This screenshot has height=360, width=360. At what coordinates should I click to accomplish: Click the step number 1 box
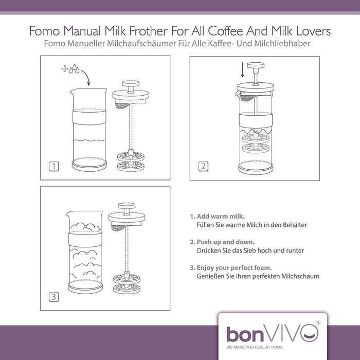click(54, 166)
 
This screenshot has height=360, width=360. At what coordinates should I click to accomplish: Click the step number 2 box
click(203, 166)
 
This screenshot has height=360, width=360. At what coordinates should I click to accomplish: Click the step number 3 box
click(54, 297)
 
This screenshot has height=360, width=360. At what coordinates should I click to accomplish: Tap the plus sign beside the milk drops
click(65, 68)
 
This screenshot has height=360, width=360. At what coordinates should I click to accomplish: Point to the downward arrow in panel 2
click(242, 69)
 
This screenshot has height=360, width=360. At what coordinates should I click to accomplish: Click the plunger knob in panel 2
click(256, 65)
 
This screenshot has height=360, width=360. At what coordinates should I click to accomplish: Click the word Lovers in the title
click(313, 31)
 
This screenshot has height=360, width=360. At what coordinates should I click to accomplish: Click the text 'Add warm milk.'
click(221, 217)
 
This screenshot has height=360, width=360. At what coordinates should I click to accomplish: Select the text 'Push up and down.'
click(226, 242)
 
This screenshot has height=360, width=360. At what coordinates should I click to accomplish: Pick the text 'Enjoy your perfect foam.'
click(234, 268)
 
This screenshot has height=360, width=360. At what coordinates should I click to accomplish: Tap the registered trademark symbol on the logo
click(318, 322)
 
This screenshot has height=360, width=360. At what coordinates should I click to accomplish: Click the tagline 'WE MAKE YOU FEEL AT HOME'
click(255, 347)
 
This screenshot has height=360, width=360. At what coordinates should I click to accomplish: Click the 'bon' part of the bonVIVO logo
click(245, 334)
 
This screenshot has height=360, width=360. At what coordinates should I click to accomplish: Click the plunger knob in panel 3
click(127, 205)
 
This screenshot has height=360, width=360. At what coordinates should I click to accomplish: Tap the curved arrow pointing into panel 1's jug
click(86, 77)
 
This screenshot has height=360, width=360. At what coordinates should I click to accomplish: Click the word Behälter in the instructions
click(295, 225)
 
